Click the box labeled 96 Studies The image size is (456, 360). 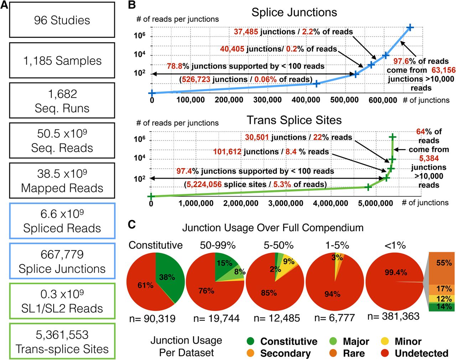point(62,20)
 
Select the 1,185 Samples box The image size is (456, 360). point(62,61)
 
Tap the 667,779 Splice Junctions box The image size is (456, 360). point(62,261)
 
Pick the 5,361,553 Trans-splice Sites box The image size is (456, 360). point(62,342)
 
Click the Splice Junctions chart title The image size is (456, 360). point(294,12)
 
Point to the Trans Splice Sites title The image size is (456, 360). point(294,120)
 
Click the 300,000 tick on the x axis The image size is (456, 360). point(268,100)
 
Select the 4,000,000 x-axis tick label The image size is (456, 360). point(331,203)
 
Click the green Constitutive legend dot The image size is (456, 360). point(251,341)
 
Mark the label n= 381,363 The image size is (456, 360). point(393,316)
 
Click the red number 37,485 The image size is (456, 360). point(246,32)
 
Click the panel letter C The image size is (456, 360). point(132,224)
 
